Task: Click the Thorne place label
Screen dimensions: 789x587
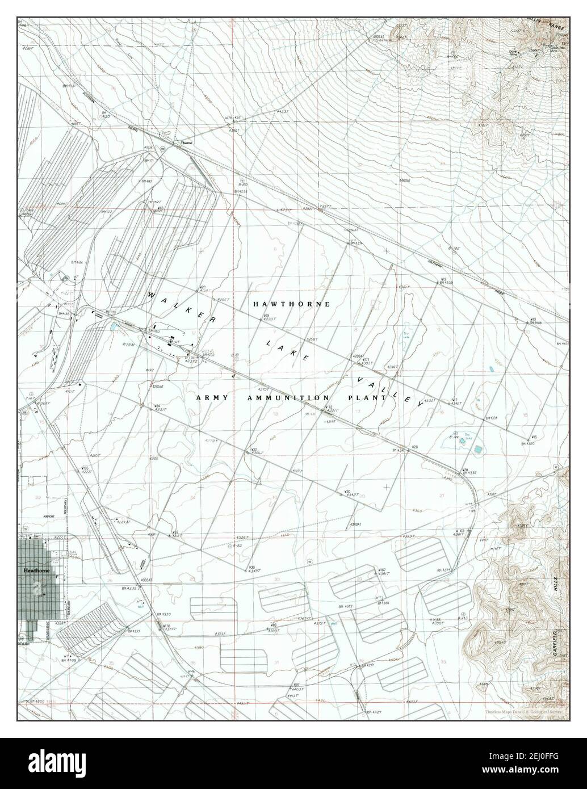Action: click(x=186, y=142)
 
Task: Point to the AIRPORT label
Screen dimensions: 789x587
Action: click(x=49, y=517)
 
